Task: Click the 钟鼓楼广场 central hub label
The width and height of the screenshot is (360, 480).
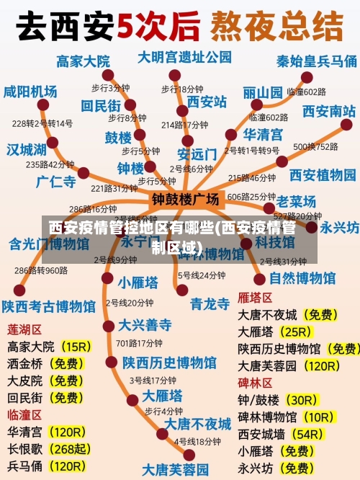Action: click(185, 198)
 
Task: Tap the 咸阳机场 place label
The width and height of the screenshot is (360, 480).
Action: click(30, 92)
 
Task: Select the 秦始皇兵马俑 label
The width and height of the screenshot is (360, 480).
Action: click(317, 61)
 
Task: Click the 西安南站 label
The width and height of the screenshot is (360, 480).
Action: click(328, 111)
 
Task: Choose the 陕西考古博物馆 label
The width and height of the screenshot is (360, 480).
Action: click(48, 306)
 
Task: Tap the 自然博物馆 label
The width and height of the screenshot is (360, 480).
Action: click(302, 277)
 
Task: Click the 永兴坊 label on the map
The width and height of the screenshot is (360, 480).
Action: click(339, 227)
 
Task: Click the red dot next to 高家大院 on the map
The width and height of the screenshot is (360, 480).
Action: click(108, 75)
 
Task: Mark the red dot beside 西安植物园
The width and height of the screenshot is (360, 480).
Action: click(282, 161)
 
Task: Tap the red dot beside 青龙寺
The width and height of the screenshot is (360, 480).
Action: click(182, 290)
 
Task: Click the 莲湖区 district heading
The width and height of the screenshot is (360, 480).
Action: click(24, 329)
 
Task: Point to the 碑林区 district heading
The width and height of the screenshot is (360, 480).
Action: click(255, 382)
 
